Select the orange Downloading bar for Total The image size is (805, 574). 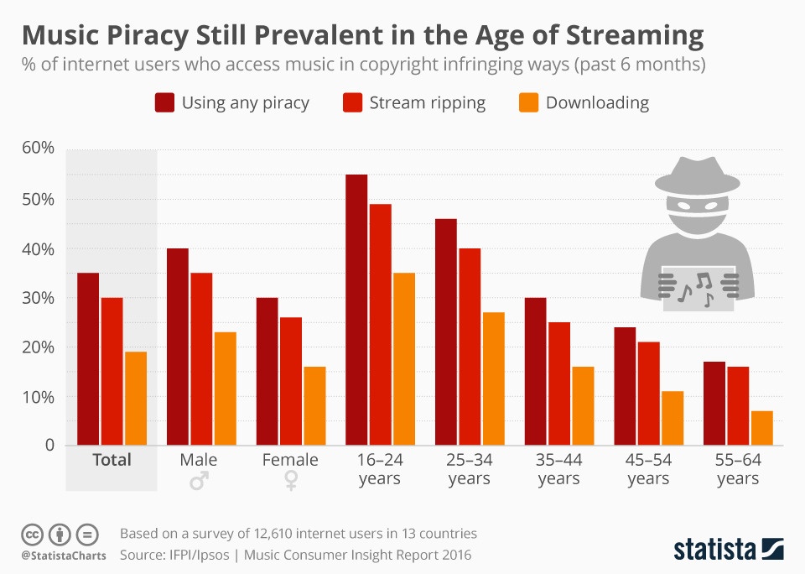[136, 398]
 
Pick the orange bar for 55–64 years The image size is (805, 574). [762, 428]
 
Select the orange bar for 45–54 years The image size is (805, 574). [673, 418]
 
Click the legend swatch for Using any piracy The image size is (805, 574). [164, 103]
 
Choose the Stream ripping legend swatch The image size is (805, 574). [351, 103]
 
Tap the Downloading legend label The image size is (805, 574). [597, 103]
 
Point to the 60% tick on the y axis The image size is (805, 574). [37, 149]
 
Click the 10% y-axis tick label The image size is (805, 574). [37, 396]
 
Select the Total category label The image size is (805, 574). [112, 460]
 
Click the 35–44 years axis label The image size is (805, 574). [558, 469]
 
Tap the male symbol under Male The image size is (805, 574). [199, 480]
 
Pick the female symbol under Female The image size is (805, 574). [290, 480]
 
